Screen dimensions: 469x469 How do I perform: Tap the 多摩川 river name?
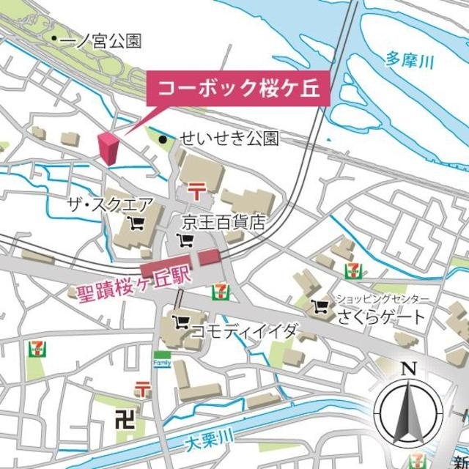click(408, 59)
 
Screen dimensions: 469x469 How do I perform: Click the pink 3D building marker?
click(109, 149)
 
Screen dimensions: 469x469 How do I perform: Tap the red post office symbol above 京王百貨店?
click(196, 191)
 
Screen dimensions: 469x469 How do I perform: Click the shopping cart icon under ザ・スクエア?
click(136, 221)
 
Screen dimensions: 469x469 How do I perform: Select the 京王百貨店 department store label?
click(224, 223)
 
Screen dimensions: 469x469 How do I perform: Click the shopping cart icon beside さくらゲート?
click(320, 306)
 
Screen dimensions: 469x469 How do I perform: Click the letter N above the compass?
click(410, 369)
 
